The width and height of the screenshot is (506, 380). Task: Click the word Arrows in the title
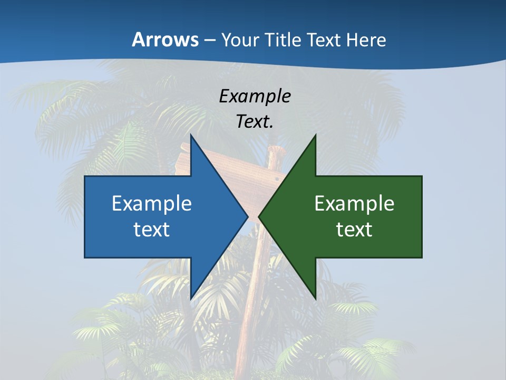165,40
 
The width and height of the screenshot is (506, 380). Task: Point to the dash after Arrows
209,41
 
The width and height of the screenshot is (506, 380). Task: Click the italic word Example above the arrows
255,96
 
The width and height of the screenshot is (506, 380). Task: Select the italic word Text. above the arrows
255,121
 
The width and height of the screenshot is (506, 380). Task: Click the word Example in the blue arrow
152,203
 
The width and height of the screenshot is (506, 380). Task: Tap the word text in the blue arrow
152,229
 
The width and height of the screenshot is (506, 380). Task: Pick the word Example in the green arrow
354,203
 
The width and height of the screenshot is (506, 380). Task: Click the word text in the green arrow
354,229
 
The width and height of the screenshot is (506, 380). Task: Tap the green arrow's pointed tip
259,216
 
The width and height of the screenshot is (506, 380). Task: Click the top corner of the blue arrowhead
191,136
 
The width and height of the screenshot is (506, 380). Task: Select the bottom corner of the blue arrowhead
191,298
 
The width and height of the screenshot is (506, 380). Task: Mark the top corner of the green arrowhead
315,136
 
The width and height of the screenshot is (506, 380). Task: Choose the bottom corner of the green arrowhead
315,298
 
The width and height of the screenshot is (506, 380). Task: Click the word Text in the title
325,40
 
